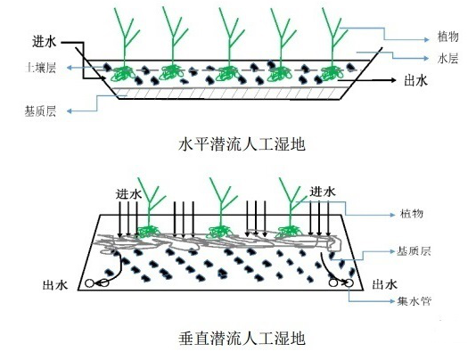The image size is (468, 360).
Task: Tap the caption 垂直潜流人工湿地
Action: [x=242, y=339]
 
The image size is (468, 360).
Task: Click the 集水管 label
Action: [x=415, y=302]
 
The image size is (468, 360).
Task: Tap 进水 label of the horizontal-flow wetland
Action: [x=45, y=42]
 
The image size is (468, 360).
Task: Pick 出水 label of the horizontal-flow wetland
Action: [x=416, y=79]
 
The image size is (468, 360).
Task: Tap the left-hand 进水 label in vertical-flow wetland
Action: [x=128, y=193]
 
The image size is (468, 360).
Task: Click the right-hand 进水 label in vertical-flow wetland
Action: [x=323, y=192]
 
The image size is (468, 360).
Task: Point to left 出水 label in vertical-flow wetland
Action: [x=55, y=286]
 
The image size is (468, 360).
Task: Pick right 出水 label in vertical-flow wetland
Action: [x=385, y=285]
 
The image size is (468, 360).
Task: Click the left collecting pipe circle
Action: [x=90, y=285]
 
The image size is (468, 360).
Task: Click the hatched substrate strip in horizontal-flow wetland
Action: [x=232, y=92]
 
